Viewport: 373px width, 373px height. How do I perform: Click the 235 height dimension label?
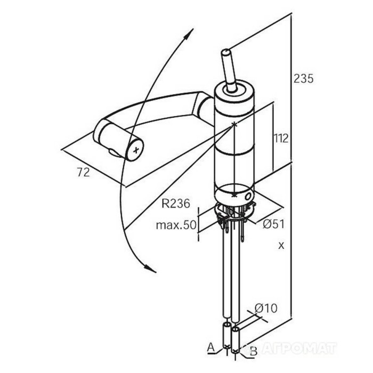click(x=304, y=79)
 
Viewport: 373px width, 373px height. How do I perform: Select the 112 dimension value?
click(x=281, y=138)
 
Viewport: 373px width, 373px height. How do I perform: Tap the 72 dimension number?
click(x=84, y=172)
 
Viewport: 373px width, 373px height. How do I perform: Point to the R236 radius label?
click(x=176, y=204)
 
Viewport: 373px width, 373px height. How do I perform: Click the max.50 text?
click(x=176, y=225)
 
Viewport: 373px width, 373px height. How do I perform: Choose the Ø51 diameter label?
click(x=273, y=224)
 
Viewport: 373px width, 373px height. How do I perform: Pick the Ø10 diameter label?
click(x=266, y=309)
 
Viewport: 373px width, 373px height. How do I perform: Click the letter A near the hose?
click(x=211, y=347)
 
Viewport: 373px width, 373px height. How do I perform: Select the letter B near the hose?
click(x=254, y=351)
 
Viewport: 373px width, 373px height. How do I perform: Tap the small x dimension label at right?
click(x=281, y=246)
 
